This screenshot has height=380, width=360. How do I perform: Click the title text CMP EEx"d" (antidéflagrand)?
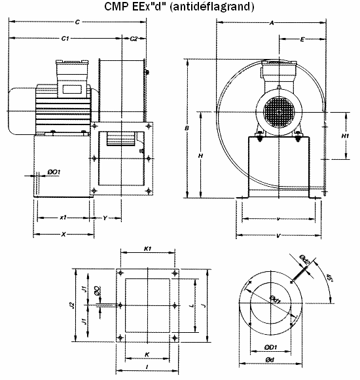[179, 7]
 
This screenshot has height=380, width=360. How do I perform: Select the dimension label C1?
[65, 39]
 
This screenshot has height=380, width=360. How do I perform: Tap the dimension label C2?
[134, 39]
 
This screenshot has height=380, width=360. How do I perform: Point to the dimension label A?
[272, 23]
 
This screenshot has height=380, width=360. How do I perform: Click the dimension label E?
[302, 40]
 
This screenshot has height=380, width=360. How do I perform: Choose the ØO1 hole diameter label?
[54, 172]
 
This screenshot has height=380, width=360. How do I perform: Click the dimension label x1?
[63, 217]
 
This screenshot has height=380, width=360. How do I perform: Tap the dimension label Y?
[105, 217]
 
